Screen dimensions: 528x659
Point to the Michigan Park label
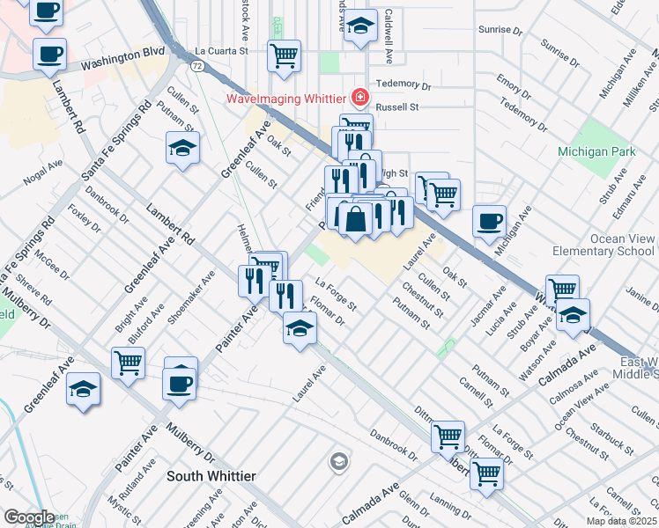596,152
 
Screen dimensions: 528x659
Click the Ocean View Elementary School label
603,245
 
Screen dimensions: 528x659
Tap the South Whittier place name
211,476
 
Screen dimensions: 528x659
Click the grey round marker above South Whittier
338,461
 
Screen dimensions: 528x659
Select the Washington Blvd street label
122,60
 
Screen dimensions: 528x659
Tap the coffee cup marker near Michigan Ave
489,222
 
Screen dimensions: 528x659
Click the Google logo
29,517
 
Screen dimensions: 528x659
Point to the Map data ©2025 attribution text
622,521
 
